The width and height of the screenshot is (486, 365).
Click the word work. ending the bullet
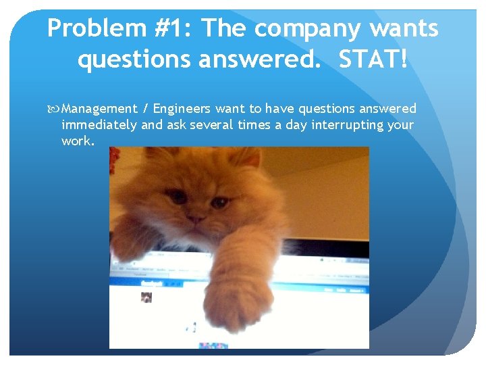click(78, 141)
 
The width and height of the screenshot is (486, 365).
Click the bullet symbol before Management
click(55, 109)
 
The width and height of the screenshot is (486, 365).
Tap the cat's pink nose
click(195, 218)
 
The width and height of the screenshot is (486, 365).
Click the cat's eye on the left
click(177, 197)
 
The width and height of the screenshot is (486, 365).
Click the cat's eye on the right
click(219, 202)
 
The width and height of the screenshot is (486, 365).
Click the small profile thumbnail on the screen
click(146, 297)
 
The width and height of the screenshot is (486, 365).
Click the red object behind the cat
click(114, 158)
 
